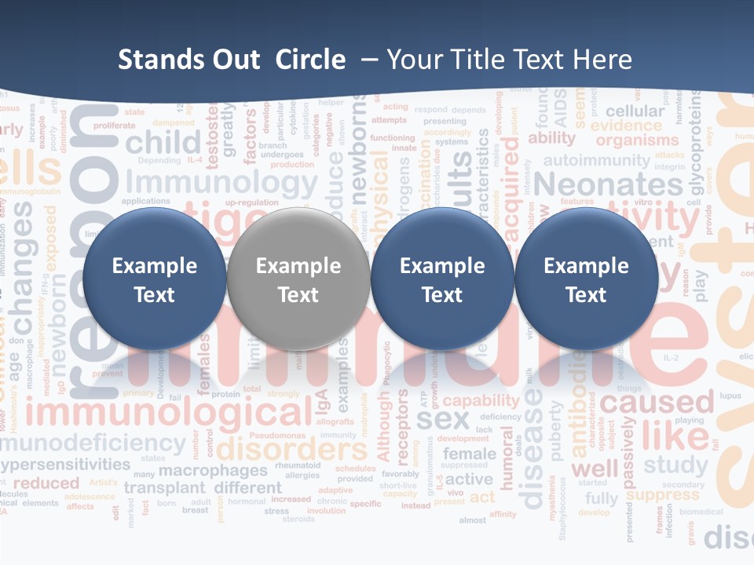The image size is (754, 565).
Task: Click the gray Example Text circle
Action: pos(298,279)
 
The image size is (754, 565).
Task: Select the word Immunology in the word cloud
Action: pos(222,183)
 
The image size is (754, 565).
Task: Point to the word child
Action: pos(163,143)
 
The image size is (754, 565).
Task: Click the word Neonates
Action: pos(609,185)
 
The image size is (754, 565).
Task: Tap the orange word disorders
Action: pos(291,450)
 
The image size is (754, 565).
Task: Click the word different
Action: pos(247,487)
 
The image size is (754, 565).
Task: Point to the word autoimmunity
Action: pos(597,161)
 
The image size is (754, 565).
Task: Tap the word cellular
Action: pos(635,111)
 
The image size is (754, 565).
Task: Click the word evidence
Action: pos(627,126)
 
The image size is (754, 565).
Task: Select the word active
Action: pos(469,479)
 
